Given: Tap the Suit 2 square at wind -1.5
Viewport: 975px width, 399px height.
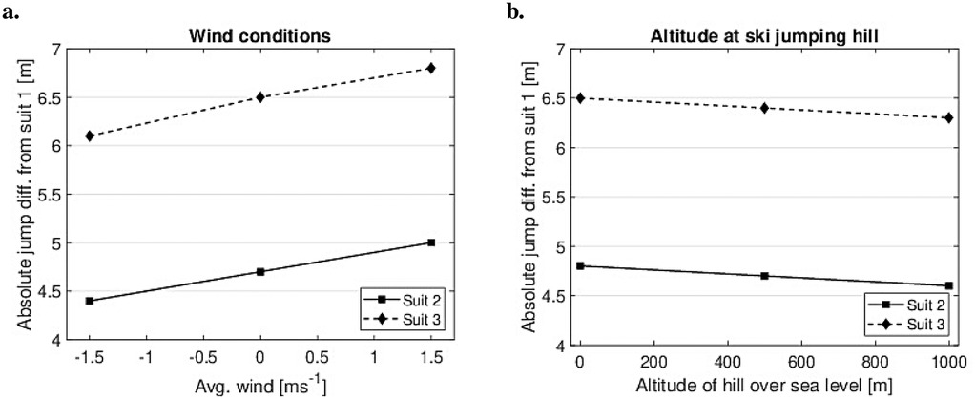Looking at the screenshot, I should pyautogui.click(x=90, y=301).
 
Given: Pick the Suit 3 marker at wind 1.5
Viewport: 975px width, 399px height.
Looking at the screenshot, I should pyautogui.click(x=431, y=68).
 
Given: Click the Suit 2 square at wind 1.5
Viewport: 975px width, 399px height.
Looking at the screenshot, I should pyautogui.click(x=431, y=242).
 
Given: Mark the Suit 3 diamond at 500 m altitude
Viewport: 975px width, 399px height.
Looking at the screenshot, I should pyautogui.click(x=763, y=108).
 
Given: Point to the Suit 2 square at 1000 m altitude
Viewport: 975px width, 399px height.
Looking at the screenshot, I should pyautogui.click(x=948, y=285).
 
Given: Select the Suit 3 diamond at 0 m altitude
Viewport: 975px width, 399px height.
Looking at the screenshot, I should pyautogui.click(x=579, y=97).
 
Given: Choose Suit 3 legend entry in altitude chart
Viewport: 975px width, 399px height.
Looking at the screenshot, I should pyautogui.click(x=914, y=326).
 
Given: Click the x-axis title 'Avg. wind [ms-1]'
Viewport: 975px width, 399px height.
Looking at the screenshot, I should pyautogui.click(x=259, y=386).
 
